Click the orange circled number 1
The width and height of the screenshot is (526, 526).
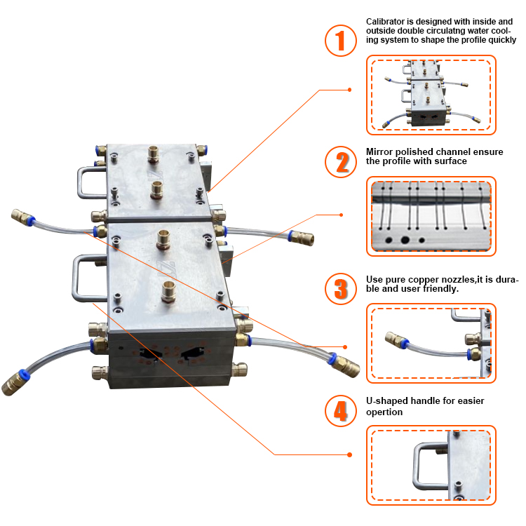342,41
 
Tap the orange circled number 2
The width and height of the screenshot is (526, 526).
342,162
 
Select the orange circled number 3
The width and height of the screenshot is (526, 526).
342,288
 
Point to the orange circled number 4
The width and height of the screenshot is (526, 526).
342,411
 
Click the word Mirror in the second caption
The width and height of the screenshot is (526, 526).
379,151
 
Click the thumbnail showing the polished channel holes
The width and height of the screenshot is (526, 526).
431,215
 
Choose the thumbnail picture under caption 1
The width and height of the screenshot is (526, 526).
431,95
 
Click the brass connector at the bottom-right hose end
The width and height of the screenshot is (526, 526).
346,365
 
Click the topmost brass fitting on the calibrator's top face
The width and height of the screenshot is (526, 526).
154,151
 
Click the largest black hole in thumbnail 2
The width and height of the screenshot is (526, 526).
405,239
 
